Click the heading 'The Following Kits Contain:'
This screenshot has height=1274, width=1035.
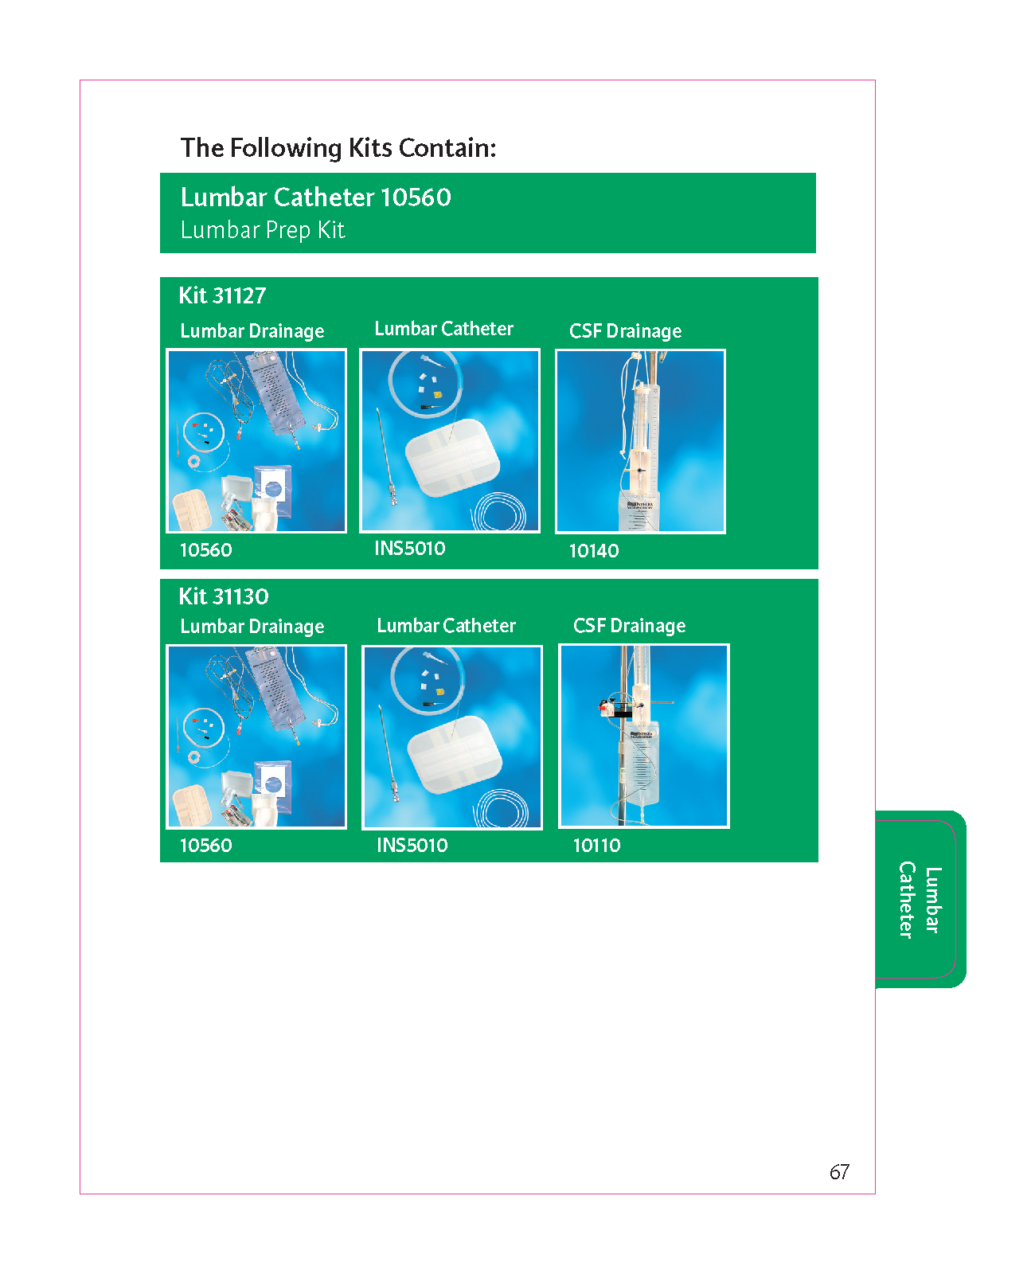click(x=338, y=148)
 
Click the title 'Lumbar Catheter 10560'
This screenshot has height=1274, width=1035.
click(x=316, y=197)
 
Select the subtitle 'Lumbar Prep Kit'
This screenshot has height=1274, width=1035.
click(x=263, y=230)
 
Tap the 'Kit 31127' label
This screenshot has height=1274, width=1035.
click(x=222, y=295)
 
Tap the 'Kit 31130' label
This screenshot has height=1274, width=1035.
click(x=223, y=596)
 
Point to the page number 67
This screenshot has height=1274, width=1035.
click(x=839, y=1172)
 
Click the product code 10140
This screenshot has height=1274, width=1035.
click(x=593, y=551)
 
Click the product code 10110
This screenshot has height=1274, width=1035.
click(x=596, y=845)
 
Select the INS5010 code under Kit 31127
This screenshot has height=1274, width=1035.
click(x=409, y=548)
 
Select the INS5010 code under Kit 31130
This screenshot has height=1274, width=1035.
click(x=412, y=845)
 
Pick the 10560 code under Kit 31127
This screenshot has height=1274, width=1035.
click(x=205, y=549)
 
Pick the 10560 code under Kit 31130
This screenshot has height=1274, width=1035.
click(x=205, y=845)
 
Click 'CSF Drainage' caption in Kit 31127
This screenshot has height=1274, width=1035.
click(x=625, y=330)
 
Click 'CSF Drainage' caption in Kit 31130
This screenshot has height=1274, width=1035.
click(x=629, y=626)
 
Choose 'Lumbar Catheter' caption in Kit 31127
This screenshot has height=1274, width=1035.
click(x=443, y=328)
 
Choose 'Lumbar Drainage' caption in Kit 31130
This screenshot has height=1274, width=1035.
click(x=252, y=626)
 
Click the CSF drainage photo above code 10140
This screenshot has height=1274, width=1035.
click(x=640, y=441)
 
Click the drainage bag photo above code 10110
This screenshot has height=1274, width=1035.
click(x=643, y=736)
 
